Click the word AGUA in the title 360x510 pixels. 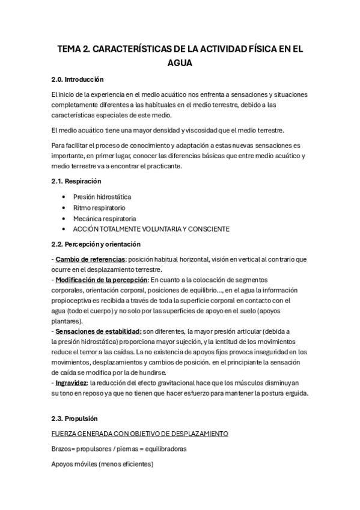click(180, 62)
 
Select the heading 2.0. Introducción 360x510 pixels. click(78, 79)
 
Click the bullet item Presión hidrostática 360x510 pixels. click(102, 197)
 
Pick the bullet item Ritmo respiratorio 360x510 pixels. click(99, 207)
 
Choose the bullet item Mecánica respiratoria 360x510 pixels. click(105, 218)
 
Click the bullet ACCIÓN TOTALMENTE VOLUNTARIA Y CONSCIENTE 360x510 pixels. click(151, 229)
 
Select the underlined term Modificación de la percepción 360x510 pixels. click(101, 280)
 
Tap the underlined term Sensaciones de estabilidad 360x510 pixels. click(98, 331)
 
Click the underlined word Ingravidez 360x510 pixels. click(70, 383)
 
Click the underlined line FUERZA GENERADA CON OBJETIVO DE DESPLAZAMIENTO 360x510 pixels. click(140, 434)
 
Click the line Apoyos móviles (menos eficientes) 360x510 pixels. click(102, 464)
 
